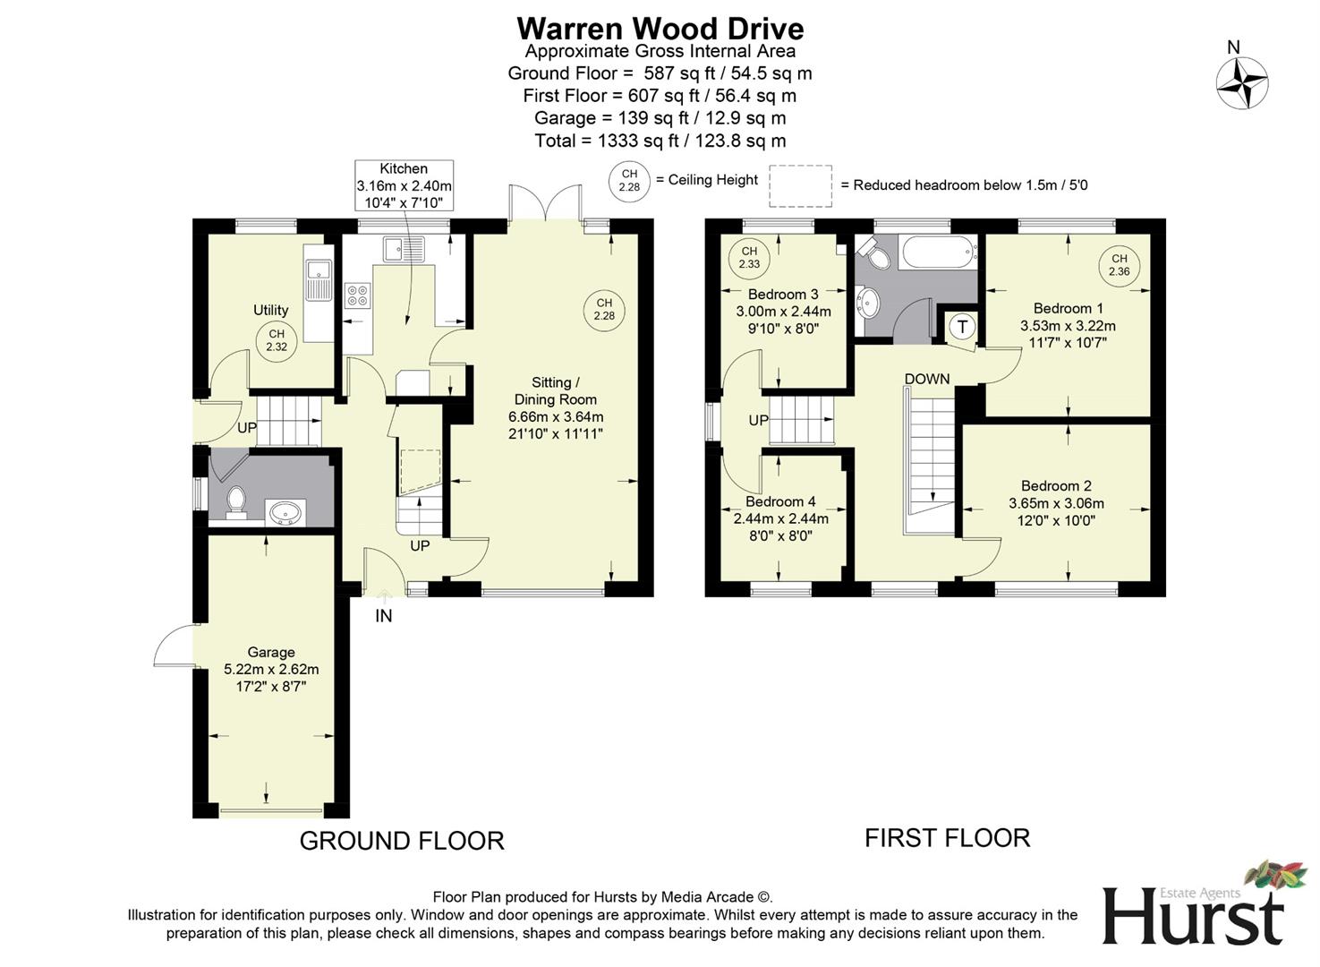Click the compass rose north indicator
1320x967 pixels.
[x=1241, y=82]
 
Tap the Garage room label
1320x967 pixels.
[x=271, y=653]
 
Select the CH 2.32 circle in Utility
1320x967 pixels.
[x=276, y=340]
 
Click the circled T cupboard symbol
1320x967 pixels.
[x=963, y=327]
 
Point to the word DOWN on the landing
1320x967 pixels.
[x=926, y=379]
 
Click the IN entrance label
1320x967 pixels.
[x=383, y=616]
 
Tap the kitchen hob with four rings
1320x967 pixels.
[x=358, y=295]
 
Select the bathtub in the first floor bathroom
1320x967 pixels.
[x=938, y=252]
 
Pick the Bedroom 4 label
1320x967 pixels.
[x=780, y=501]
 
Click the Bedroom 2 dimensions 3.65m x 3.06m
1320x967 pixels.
[x=1056, y=503]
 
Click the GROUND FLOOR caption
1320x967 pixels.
[x=402, y=841]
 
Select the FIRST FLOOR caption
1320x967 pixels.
[x=947, y=838]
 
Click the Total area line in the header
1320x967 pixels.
[x=660, y=141]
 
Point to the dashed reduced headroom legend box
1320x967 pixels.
[x=800, y=185]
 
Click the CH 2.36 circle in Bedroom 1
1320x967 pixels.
[x=1119, y=265]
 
